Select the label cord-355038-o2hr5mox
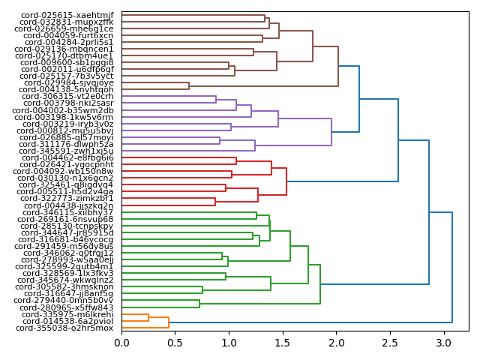pyautogui.click(x=64, y=328)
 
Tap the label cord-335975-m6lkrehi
pyautogui.click(x=64, y=315)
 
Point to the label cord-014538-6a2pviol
pyautogui.click(x=65, y=322)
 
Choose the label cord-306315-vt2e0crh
pyautogui.click(x=67, y=97)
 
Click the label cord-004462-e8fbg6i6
pyautogui.click(x=67, y=157)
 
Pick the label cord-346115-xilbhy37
pyautogui.click(x=67, y=212)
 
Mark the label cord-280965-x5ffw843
pyautogui.click(x=67, y=307)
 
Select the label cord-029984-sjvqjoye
pyautogui.click(x=68, y=83)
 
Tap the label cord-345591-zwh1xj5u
pyautogui.click(x=67, y=151)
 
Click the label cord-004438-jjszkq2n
pyautogui.click(x=68, y=205)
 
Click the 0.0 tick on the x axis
pyautogui.click(x=121, y=343)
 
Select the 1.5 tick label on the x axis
pyautogui.click(x=282, y=343)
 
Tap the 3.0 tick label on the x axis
pyautogui.click(x=442, y=343)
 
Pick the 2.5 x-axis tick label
pyautogui.click(x=389, y=343)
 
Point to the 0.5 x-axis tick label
pyautogui.click(x=175, y=343)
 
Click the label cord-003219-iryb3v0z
pyautogui.click(x=66, y=124)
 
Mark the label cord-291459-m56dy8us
pyautogui.click(x=64, y=246)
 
